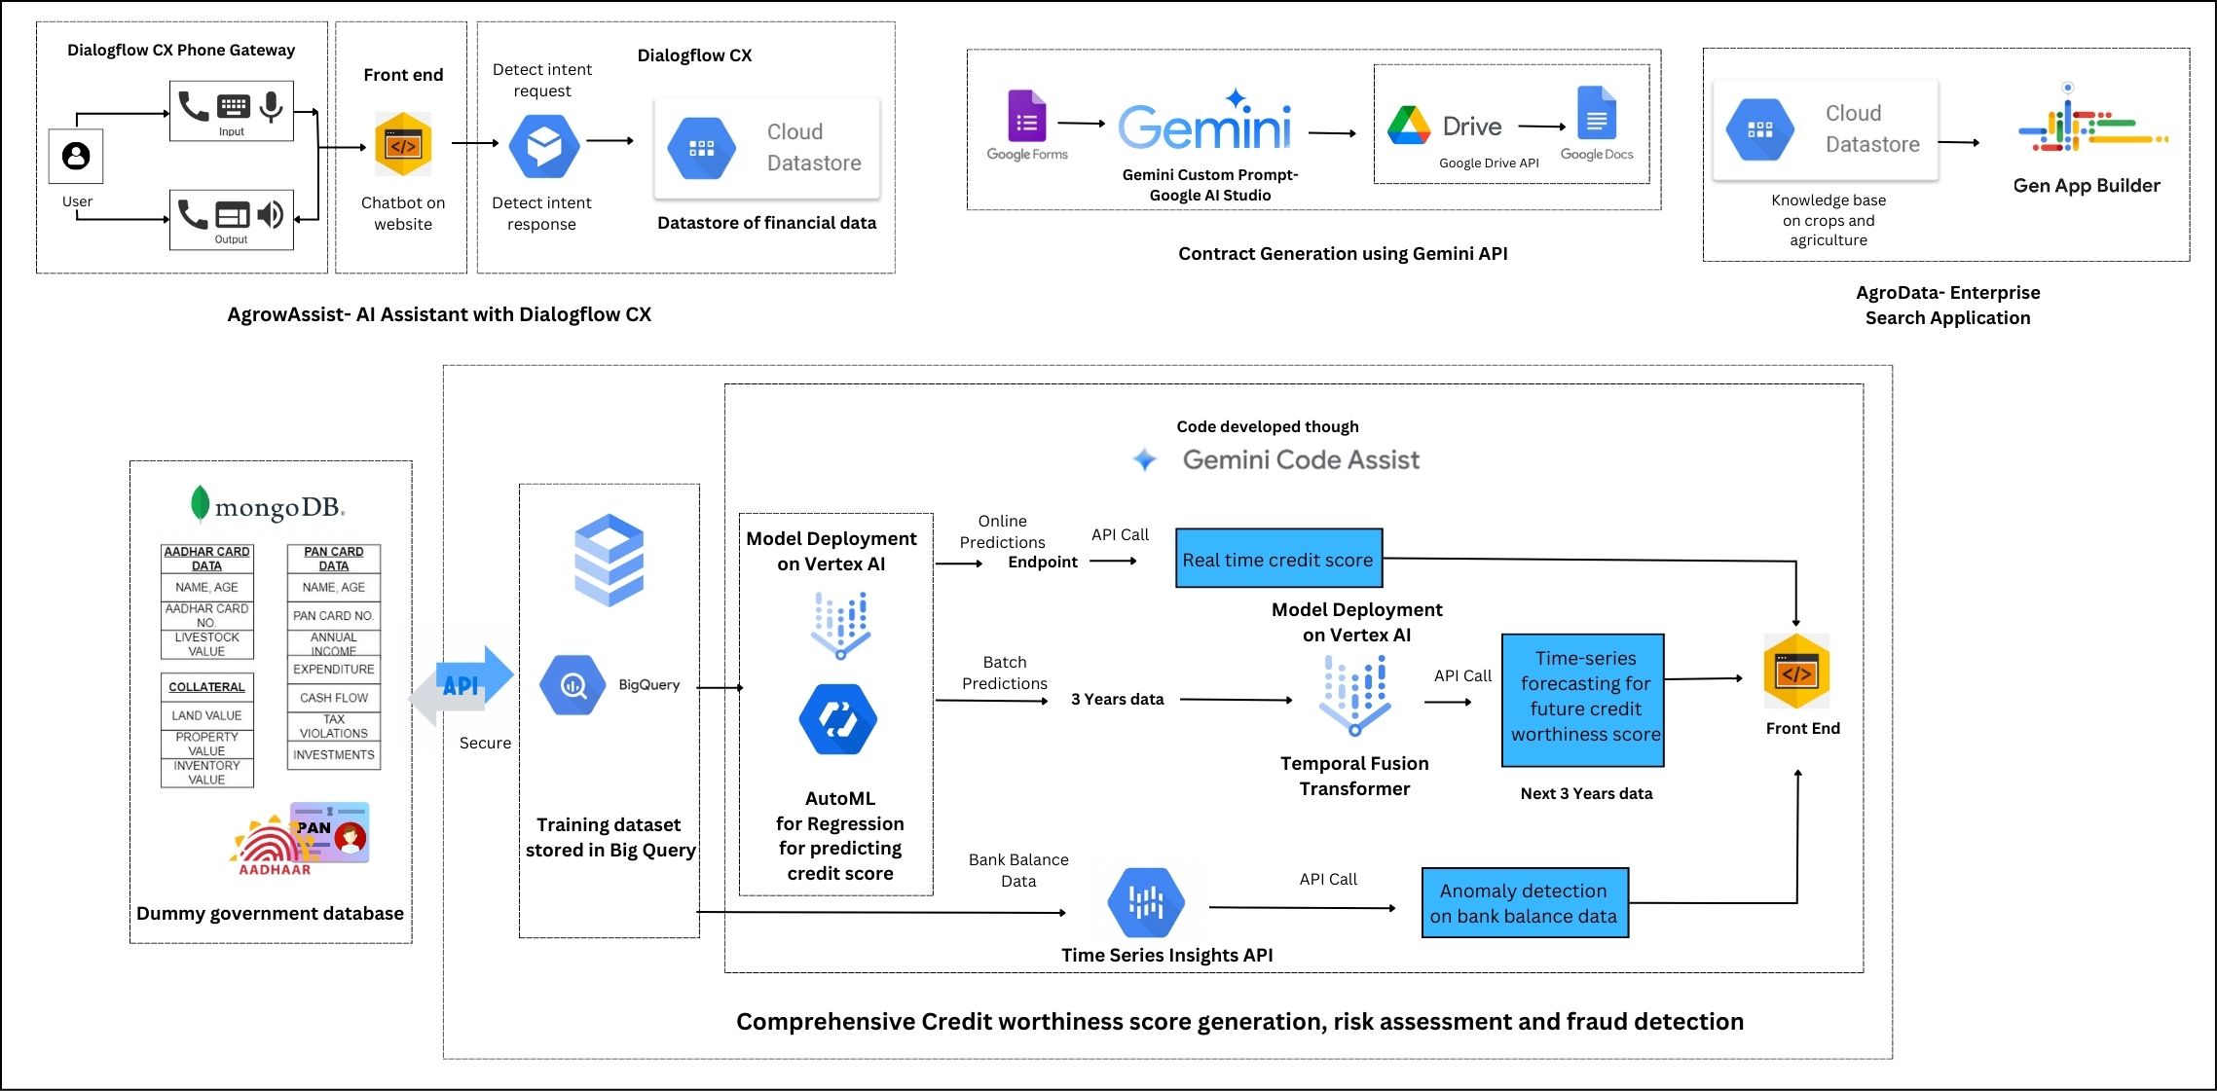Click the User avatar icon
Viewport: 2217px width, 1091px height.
tap(76, 156)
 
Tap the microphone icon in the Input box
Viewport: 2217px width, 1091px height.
tap(272, 106)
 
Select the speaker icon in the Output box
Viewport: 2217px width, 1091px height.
tap(270, 214)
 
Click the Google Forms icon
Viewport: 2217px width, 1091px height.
tap(1026, 117)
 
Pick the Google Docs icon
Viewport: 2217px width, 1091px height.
tap(1596, 114)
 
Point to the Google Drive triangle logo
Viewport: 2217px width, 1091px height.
tap(1408, 126)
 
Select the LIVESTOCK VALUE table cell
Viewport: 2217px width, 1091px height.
tap(206, 644)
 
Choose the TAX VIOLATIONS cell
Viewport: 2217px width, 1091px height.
tap(333, 727)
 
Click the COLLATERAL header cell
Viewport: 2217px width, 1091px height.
tap(206, 687)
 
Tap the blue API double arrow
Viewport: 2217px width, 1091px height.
tap(462, 685)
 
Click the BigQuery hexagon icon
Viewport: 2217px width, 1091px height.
tap(573, 685)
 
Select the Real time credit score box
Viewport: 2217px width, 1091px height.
tap(1278, 559)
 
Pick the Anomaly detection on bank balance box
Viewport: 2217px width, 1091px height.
tap(1524, 903)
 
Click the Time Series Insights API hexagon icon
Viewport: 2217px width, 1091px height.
tap(1146, 902)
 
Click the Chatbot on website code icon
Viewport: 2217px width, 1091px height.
tap(403, 145)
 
